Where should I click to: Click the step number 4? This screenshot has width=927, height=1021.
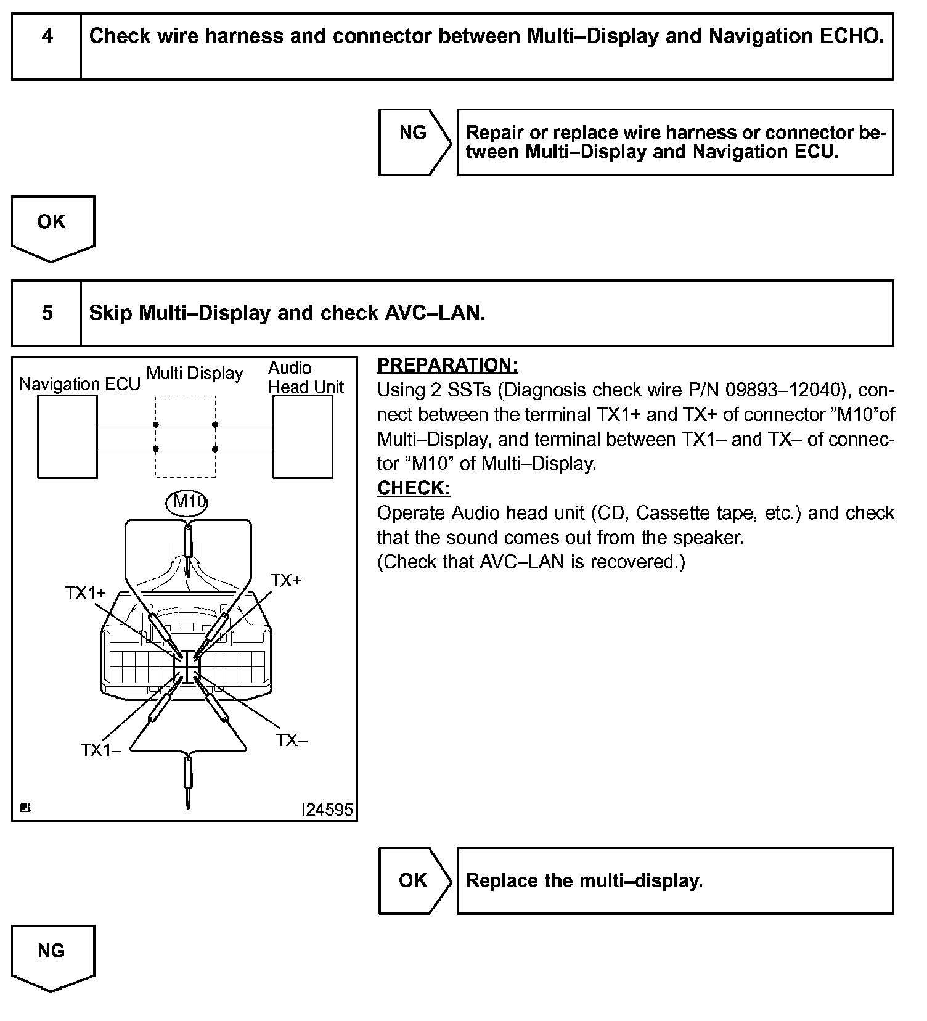click(47, 36)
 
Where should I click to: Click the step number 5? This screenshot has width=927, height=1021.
click(47, 313)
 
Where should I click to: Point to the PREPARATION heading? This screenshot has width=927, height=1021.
click(447, 365)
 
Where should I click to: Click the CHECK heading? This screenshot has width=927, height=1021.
click(413, 488)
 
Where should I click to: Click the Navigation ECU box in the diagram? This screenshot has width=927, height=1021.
click(67, 437)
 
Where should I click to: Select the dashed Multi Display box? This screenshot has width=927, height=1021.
click(186, 437)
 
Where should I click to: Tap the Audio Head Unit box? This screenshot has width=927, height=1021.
click(303, 437)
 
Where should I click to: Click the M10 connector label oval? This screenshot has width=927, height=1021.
click(187, 502)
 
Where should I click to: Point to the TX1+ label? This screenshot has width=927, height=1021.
click(86, 593)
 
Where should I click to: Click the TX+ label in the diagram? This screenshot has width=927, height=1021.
click(286, 581)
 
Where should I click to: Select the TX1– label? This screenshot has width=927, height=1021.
click(100, 750)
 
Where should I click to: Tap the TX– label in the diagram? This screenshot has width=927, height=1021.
click(291, 740)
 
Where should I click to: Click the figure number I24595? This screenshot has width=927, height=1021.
click(327, 809)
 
